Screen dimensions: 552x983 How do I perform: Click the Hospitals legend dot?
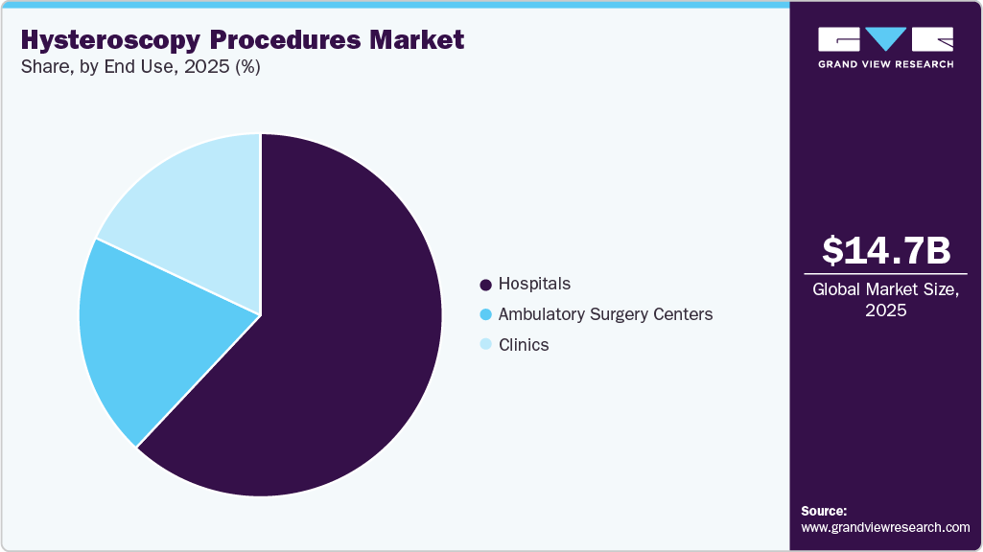[485, 285]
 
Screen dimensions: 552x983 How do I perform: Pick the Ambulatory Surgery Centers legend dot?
[485, 314]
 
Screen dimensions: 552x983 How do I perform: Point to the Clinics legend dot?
[485, 345]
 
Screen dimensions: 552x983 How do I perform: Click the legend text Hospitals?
[534, 284]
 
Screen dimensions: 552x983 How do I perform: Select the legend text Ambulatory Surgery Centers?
[605, 314]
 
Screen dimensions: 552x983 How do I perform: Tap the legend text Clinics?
[524, 345]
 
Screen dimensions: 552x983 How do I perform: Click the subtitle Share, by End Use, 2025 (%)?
[139, 67]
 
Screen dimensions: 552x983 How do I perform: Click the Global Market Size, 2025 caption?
[886, 299]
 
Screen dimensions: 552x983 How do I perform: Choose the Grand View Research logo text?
[886, 64]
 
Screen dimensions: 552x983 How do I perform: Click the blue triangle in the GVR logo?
[886, 39]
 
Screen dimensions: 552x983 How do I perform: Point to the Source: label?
[823, 511]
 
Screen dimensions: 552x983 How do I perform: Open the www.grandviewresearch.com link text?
[885, 527]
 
